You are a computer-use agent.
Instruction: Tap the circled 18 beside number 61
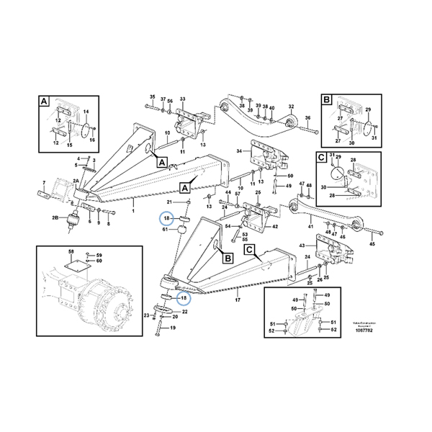coord(166,217)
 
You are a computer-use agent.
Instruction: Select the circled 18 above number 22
coord(183,297)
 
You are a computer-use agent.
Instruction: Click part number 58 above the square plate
coord(71,251)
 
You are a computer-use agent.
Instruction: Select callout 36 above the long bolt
coord(307,117)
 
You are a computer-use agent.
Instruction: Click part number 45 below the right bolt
coord(372,244)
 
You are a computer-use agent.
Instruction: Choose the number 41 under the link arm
coord(311,227)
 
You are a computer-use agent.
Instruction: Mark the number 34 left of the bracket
coord(239,153)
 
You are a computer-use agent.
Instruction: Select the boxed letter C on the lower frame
coord(249,250)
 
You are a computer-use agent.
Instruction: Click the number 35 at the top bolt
coord(152,97)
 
